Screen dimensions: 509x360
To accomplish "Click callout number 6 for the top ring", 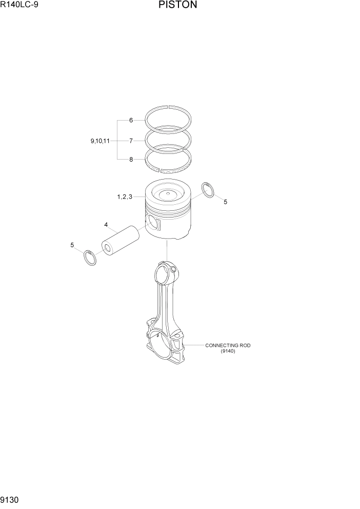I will tap(131, 120).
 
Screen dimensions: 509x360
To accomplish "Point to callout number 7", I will tap(131, 140).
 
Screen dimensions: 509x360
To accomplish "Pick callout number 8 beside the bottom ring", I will tap(131, 160).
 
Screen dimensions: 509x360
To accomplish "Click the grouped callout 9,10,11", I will tap(99, 140).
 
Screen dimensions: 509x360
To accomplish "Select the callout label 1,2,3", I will tap(125, 197).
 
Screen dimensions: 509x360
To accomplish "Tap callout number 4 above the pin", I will tap(106, 225).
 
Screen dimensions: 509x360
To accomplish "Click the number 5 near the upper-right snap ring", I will tap(225, 202).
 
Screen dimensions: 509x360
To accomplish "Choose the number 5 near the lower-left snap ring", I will tap(72, 245).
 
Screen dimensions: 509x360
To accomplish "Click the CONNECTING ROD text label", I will tap(228, 345).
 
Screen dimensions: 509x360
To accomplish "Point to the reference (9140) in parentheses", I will tap(228, 351).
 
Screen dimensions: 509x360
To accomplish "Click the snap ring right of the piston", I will tap(208, 189).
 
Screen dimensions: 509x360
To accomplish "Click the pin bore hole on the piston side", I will tap(152, 222).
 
